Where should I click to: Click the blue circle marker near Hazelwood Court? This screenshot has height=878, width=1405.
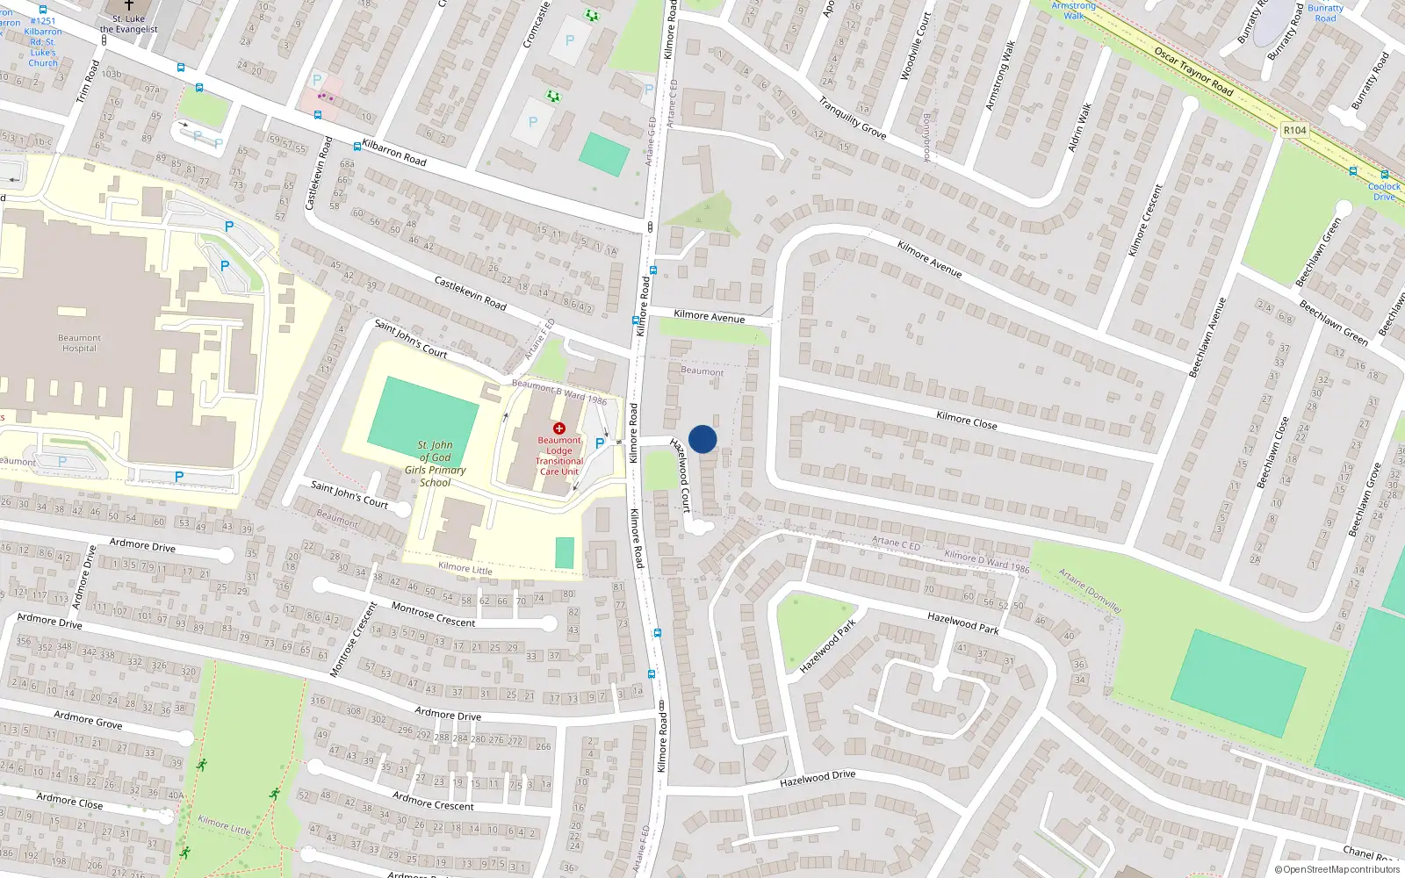coord(702,439)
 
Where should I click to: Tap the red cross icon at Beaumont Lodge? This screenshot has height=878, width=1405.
coord(559,428)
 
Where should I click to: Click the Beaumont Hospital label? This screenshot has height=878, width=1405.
coord(79,343)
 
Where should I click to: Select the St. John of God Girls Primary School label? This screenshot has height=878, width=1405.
coord(435,464)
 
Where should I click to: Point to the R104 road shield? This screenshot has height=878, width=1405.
coord(1294,130)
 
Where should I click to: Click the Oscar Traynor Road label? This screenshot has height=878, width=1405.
coord(1193,71)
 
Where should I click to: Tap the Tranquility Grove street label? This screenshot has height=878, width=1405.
coord(852,118)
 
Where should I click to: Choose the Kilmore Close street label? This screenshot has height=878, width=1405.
coord(966,421)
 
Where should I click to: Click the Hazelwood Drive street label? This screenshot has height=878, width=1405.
coord(817,778)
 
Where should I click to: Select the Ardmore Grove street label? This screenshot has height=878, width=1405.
coord(88,720)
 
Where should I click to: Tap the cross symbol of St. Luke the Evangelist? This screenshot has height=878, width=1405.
coord(129,5)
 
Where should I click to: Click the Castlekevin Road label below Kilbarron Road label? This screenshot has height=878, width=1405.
coord(470,292)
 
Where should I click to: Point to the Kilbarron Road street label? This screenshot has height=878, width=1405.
coord(394,154)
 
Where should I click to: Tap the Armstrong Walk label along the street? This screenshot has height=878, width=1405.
coord(999,76)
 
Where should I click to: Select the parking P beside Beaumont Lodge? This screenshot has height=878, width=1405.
coord(600,443)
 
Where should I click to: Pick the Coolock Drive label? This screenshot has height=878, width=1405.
coord(1384,191)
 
